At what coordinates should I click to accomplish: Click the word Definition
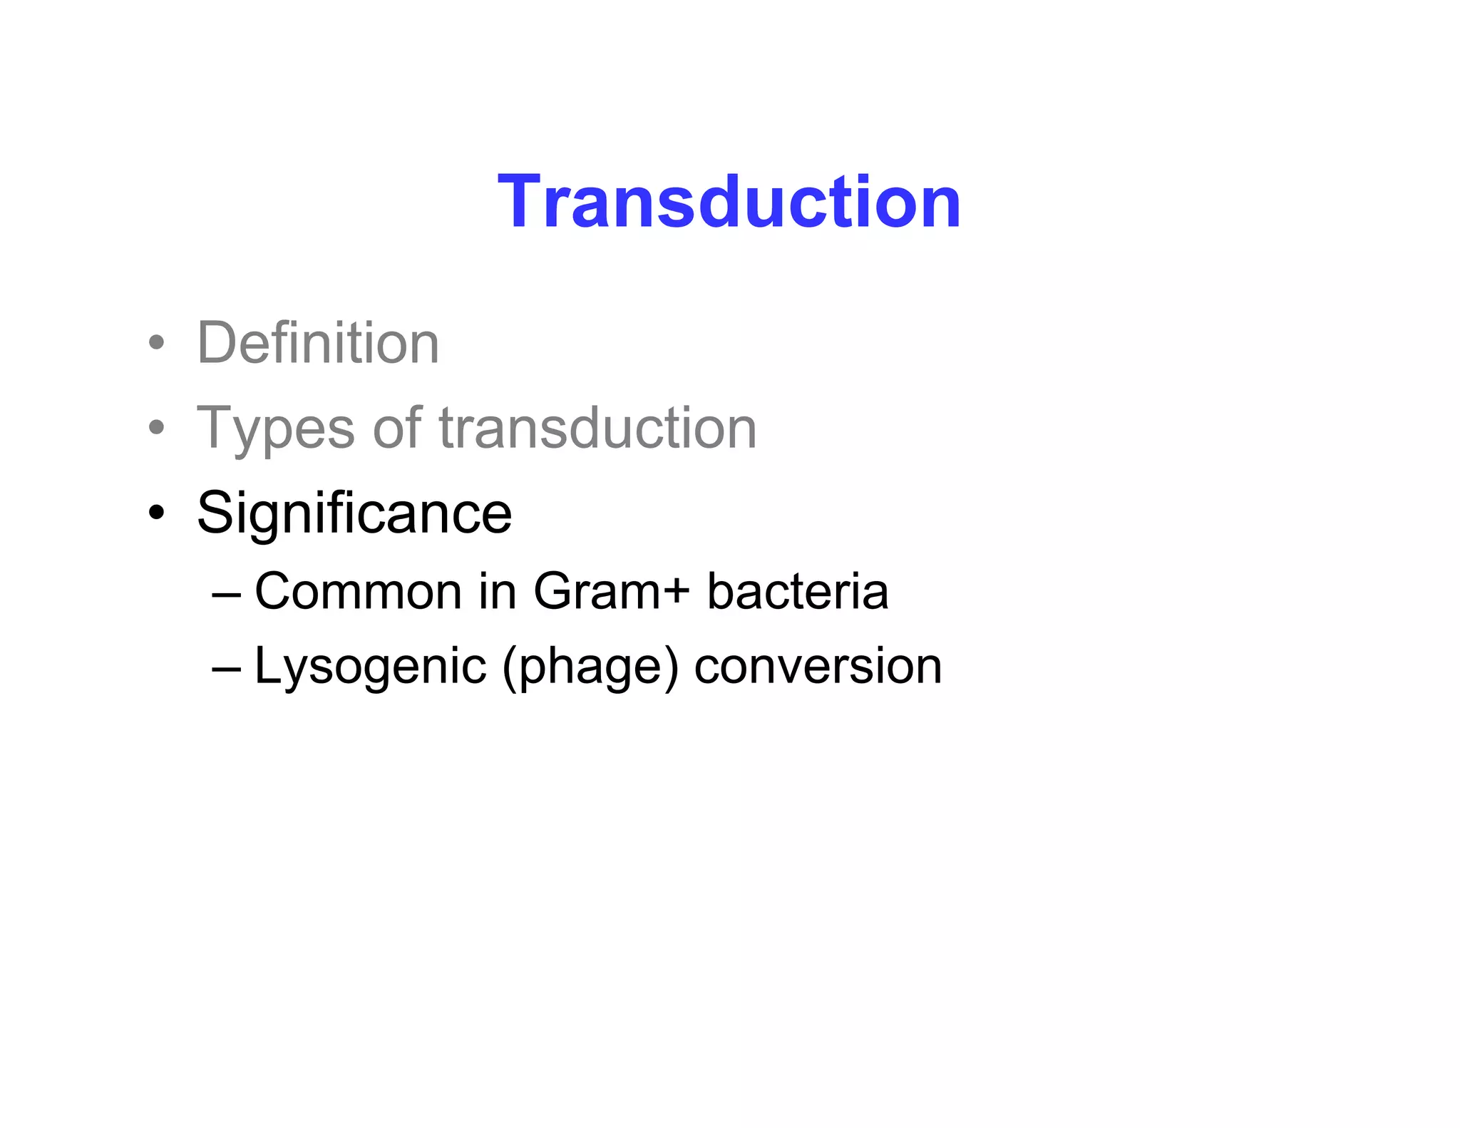pos(318,343)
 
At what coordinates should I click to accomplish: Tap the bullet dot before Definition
pos(157,343)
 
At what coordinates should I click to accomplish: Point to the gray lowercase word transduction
pos(597,428)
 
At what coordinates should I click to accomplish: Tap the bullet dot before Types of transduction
pos(157,428)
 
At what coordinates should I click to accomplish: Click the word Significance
pos(354,513)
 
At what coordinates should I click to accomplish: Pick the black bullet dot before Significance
pos(157,513)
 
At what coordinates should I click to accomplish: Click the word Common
pos(359,592)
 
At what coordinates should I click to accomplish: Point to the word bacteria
pos(798,592)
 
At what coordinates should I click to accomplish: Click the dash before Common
pos(227,594)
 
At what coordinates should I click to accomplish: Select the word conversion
pos(818,667)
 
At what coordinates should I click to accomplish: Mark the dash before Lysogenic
pos(227,668)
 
